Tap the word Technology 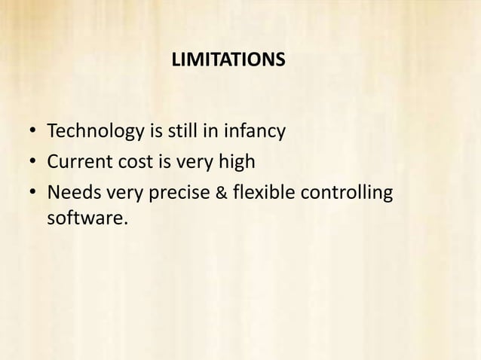point(96,133)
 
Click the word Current point(78,163)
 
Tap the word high point(240,163)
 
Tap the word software point(83,221)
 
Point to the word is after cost point(162,163)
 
